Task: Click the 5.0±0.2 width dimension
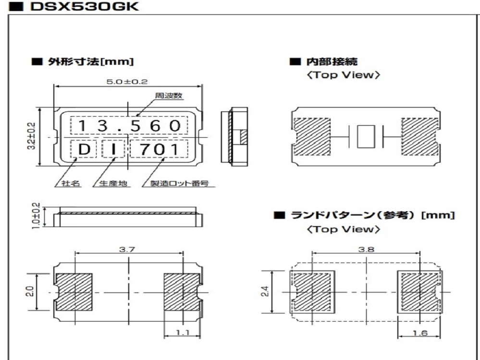point(127,82)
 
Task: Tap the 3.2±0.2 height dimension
point(44,136)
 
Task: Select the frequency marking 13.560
point(130,126)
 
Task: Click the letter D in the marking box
point(84,150)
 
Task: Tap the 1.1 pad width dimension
point(182,331)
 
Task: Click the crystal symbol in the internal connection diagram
point(366,136)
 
